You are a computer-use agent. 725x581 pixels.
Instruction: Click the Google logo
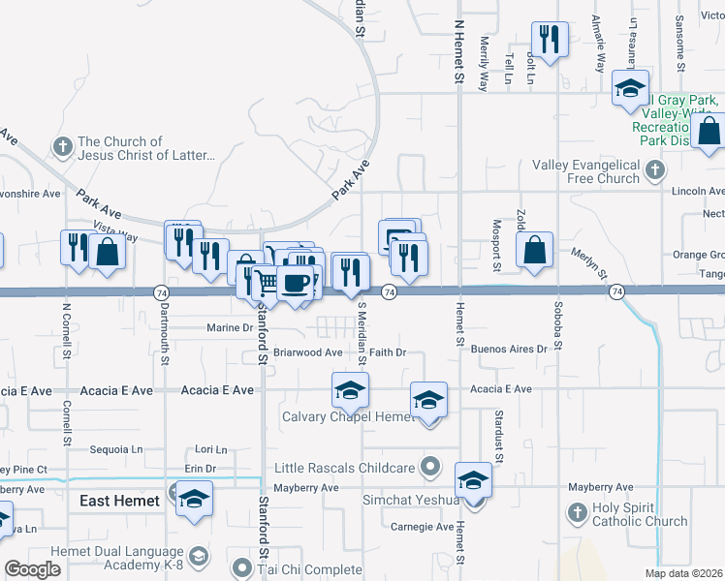[x=32, y=569]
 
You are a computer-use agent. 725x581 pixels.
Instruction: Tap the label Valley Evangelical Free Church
[x=585, y=171]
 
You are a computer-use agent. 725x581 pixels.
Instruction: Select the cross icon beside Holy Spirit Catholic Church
[x=577, y=511]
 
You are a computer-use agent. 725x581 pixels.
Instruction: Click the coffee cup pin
[x=295, y=284]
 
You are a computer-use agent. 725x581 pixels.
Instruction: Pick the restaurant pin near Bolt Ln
[x=550, y=40]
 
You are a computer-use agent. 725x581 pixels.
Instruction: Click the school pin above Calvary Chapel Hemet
[x=350, y=390]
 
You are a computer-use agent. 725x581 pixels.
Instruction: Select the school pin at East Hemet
[x=195, y=498]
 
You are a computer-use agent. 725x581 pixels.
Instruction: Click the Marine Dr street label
[x=229, y=328]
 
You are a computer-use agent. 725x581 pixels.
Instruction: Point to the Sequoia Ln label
[x=115, y=449]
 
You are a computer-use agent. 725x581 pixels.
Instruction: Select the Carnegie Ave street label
[x=423, y=528]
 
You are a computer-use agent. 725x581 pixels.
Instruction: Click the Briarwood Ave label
[x=308, y=353]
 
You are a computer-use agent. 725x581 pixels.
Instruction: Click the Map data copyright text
[x=681, y=573]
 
